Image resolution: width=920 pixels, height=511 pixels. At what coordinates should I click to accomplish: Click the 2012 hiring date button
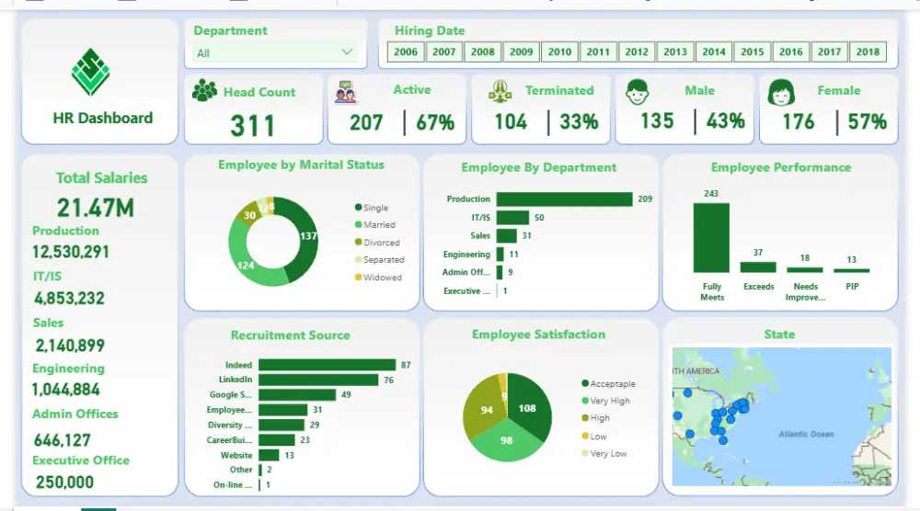tap(637, 52)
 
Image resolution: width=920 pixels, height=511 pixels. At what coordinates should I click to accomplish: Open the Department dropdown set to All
tap(274, 52)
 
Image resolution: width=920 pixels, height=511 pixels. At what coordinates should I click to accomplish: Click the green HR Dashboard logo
tap(90, 73)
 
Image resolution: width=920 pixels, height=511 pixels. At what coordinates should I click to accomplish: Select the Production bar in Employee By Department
tap(564, 199)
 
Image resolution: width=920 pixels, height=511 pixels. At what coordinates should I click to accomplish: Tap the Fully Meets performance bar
tap(711, 237)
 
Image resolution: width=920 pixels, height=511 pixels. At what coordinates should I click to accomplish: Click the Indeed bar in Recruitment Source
tap(327, 365)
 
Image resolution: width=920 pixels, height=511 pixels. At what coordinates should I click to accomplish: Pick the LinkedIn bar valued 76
tap(318, 380)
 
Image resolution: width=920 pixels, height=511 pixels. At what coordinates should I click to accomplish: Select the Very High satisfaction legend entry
tap(610, 401)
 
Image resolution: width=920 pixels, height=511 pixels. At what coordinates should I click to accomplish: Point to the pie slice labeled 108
tap(528, 407)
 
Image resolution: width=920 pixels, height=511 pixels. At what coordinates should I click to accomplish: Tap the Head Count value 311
tap(253, 124)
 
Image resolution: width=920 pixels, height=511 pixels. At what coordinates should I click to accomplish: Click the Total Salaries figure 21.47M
tap(95, 207)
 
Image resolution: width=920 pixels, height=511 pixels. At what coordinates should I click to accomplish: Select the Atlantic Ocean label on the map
tap(805, 434)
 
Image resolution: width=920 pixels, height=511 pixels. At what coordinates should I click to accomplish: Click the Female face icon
tap(781, 93)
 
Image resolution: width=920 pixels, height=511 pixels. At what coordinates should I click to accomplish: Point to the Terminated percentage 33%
tap(579, 121)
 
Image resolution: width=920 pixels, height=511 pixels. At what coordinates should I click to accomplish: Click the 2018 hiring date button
tap(868, 52)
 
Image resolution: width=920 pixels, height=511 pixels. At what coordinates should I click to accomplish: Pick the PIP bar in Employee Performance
tap(851, 269)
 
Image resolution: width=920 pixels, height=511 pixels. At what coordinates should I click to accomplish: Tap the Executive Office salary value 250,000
tap(64, 482)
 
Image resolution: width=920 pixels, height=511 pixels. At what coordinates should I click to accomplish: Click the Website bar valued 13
tap(269, 455)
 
